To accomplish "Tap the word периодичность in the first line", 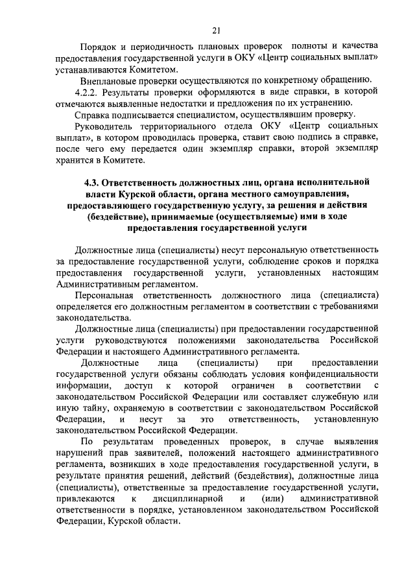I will [x=172, y=48].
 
